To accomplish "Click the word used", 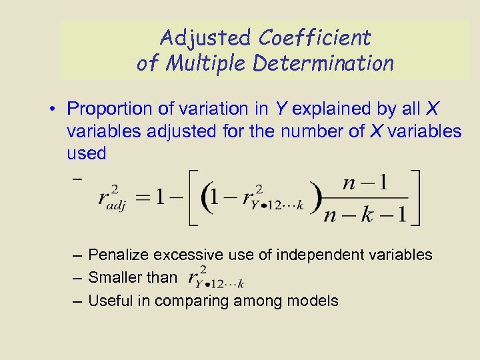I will (87, 153).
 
